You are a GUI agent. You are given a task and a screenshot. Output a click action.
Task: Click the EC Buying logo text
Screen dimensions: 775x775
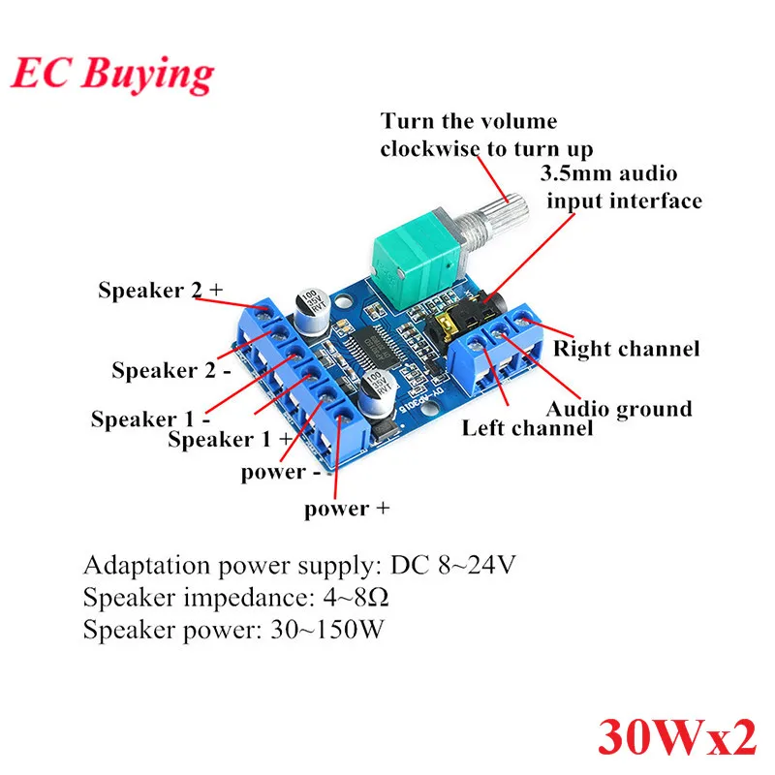[x=112, y=75]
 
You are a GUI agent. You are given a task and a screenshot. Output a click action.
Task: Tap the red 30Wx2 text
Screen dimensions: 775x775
[x=677, y=736]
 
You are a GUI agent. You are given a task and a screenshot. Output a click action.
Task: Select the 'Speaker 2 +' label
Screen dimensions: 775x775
[x=160, y=290]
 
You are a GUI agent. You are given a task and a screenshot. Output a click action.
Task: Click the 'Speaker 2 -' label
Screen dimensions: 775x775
[x=171, y=370]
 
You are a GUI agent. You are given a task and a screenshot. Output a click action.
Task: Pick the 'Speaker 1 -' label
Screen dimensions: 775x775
[x=151, y=419]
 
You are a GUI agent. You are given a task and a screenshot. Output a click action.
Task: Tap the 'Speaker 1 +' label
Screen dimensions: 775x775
[x=230, y=439]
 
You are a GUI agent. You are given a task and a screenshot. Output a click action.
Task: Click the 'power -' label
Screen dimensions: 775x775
[x=281, y=473]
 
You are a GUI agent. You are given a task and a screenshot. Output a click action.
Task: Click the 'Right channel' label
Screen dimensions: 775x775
[x=626, y=349]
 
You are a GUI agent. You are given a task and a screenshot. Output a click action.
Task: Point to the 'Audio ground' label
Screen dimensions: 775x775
[x=619, y=409]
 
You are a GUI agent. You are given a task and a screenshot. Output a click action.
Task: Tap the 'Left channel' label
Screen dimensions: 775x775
[x=527, y=428]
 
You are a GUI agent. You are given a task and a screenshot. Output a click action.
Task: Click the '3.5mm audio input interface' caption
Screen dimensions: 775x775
[x=621, y=187]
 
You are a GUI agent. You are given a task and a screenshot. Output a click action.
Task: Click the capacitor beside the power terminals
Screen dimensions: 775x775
[x=380, y=394]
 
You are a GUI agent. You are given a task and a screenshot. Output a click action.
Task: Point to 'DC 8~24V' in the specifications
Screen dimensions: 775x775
[x=452, y=565]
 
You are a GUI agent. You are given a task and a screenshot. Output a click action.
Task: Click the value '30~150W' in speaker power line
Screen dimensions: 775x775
[x=327, y=630]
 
